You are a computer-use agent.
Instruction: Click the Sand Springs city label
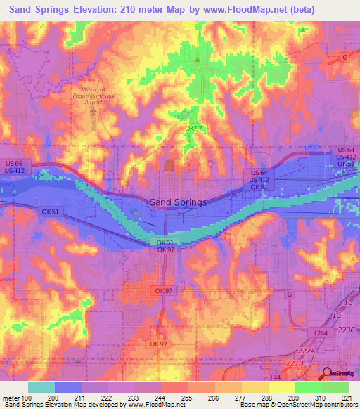179,202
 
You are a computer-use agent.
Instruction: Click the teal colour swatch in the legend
41,387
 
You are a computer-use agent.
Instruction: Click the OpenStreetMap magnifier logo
329,374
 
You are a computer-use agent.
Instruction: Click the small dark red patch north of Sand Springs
169,165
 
